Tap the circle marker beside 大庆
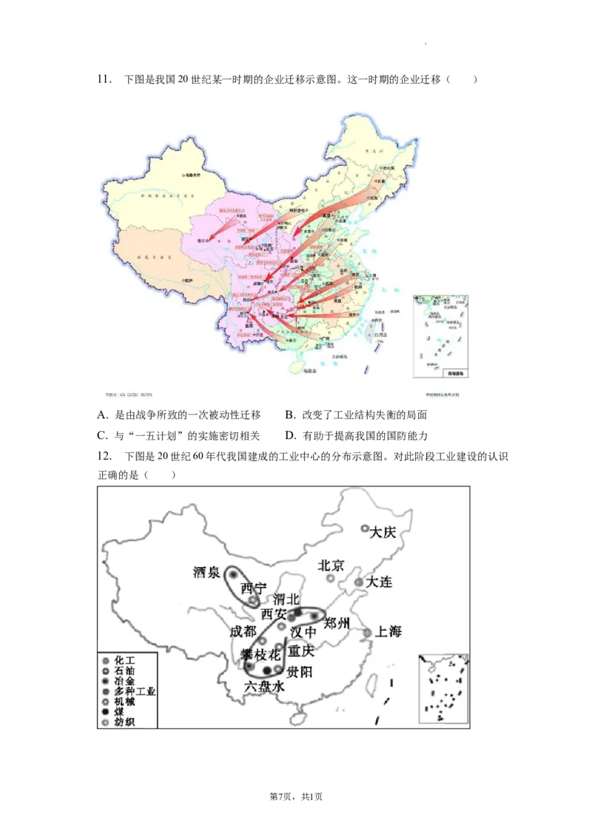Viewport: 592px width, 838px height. (365, 529)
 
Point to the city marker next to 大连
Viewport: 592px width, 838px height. (359, 583)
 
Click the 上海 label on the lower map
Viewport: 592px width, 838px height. (388, 631)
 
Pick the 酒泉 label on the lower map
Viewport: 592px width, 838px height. (206, 572)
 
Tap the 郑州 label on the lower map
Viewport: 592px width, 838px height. (337, 623)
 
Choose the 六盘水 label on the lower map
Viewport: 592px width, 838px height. (264, 687)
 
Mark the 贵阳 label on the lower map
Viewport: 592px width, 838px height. (299, 671)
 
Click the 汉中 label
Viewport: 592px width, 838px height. (303, 631)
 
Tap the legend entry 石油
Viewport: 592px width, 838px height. (125, 670)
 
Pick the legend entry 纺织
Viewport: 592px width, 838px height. (125, 722)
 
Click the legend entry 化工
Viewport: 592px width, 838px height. (125, 660)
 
